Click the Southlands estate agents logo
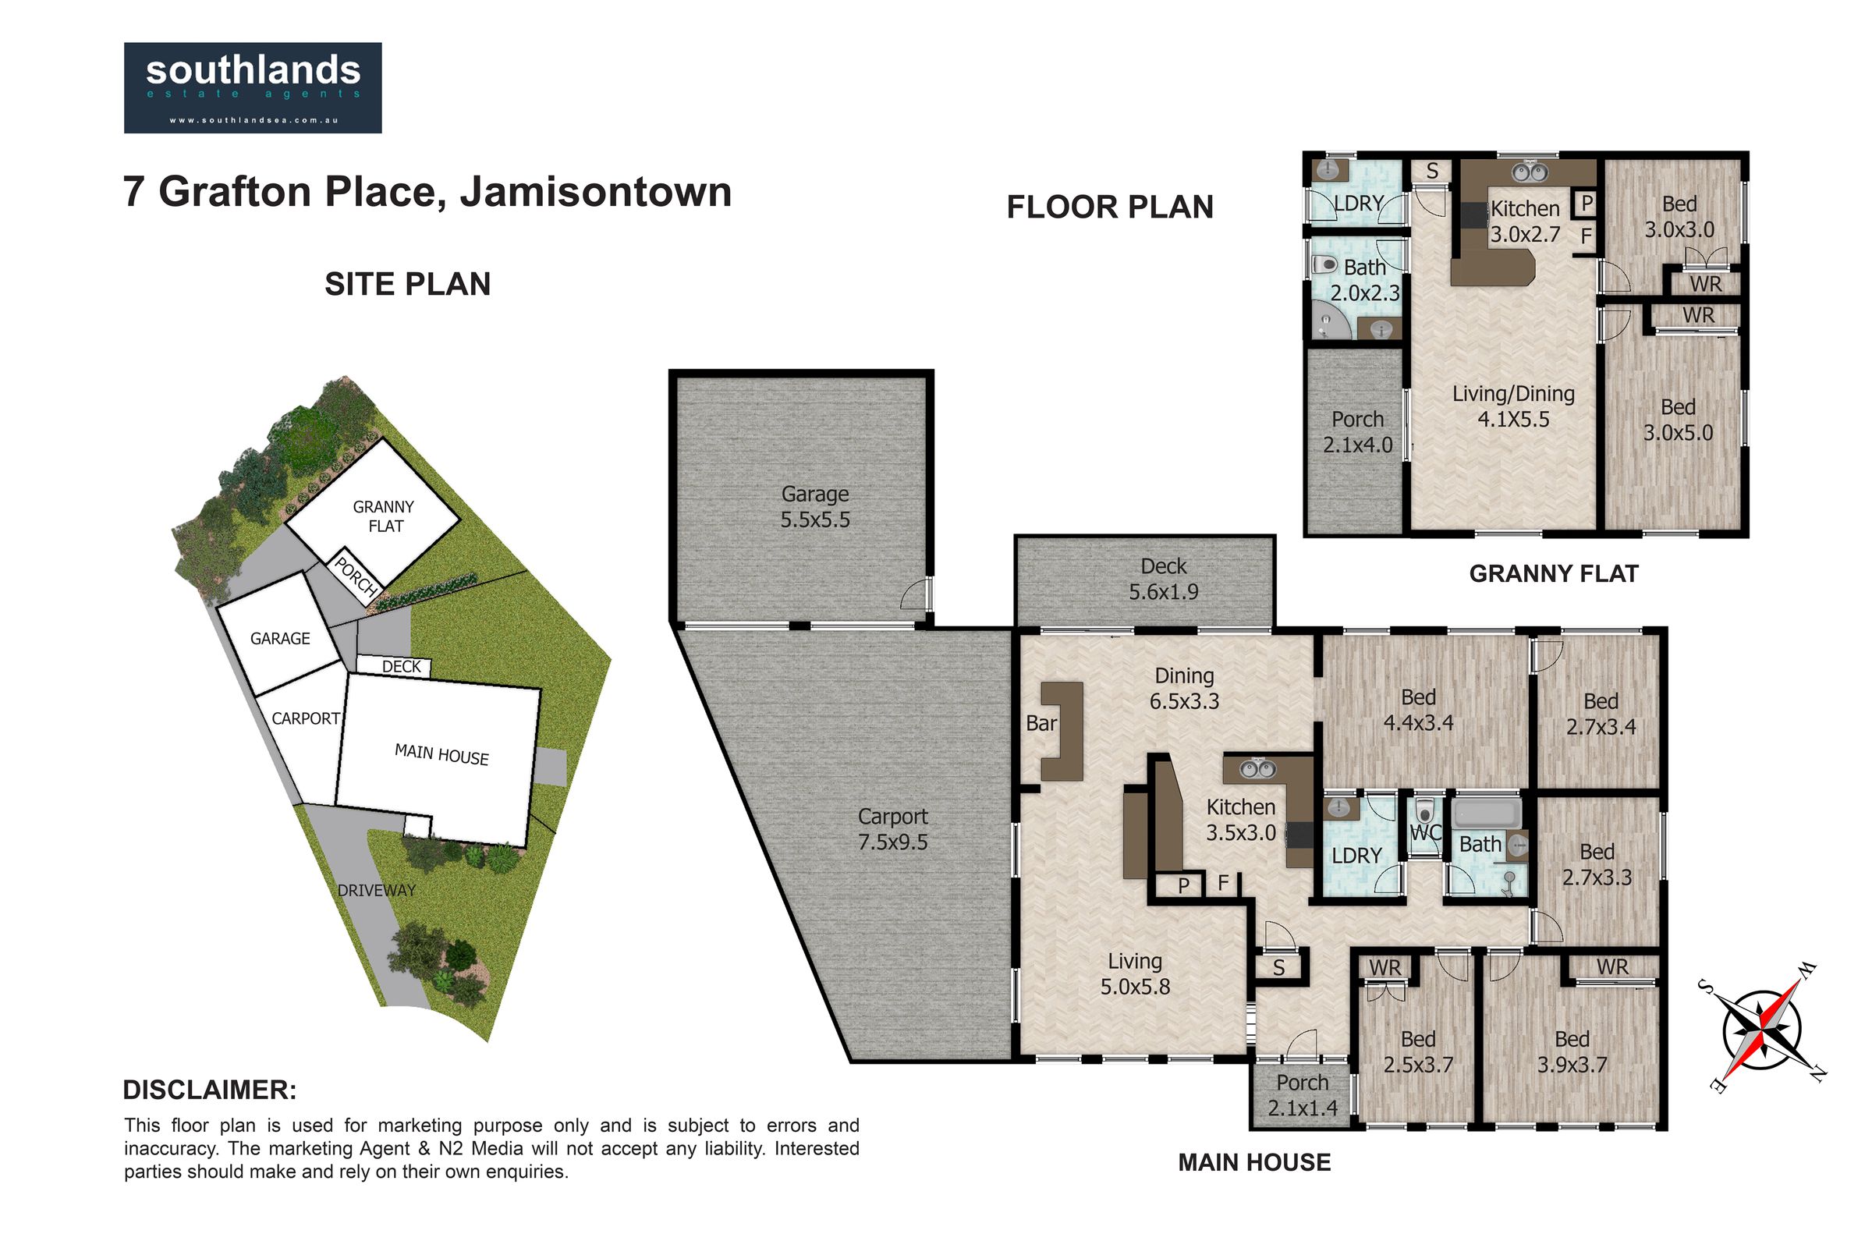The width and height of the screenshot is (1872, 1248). point(252,87)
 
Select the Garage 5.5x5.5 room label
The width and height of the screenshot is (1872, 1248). point(815,507)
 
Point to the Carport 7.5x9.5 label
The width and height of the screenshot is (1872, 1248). point(892,829)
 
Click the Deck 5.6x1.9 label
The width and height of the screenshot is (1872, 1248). point(1163,579)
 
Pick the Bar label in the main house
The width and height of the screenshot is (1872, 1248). point(1041,723)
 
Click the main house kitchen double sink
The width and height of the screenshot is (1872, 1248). point(1258,769)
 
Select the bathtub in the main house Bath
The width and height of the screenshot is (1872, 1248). point(1487,814)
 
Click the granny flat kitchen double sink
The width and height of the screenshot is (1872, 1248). point(1529,172)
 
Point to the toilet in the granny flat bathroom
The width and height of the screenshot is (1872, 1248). point(1324,264)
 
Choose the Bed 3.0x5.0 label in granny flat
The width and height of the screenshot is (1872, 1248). point(1678,420)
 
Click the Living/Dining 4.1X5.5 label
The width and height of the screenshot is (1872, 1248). point(1513,406)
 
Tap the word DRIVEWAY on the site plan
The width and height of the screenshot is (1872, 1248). point(377,891)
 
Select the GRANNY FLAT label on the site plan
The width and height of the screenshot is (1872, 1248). point(385,516)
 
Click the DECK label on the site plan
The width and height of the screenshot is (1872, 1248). point(401,666)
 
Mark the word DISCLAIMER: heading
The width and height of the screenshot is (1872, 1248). point(210,1090)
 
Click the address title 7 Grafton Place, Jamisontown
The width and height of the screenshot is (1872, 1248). point(427,192)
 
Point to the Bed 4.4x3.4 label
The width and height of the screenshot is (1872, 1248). point(1418,710)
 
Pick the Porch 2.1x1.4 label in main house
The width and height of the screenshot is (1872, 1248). point(1303,1095)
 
